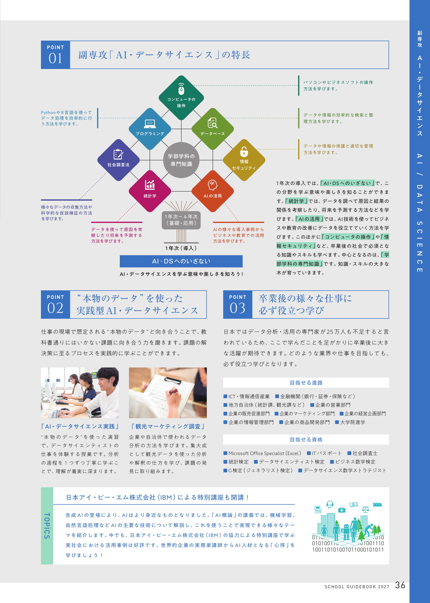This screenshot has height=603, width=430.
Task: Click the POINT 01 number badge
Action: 55,55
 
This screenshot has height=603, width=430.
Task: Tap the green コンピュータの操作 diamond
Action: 181,98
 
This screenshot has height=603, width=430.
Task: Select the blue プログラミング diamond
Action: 150,129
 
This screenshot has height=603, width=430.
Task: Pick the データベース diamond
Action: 213,129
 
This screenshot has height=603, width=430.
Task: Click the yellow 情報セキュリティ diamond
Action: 244,160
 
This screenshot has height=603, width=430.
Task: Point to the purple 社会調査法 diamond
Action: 118,160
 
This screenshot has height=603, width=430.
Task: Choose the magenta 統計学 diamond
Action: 150,191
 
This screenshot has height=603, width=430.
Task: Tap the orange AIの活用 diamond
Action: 213,191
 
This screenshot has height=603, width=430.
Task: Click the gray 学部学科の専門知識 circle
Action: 181,160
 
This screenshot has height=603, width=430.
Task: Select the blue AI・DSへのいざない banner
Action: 181,261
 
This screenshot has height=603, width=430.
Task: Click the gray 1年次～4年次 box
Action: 181,220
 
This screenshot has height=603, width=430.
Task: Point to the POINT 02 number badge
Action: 55,305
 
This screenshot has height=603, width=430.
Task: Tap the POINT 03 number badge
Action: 237,305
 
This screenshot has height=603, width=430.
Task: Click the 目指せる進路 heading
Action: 306,383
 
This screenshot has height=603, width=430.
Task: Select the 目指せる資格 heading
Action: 306,439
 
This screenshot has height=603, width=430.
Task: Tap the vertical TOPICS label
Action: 47,526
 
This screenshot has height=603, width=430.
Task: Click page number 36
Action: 400,585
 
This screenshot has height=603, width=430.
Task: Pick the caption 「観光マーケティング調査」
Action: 168,426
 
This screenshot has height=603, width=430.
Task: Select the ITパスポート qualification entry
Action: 324,453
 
